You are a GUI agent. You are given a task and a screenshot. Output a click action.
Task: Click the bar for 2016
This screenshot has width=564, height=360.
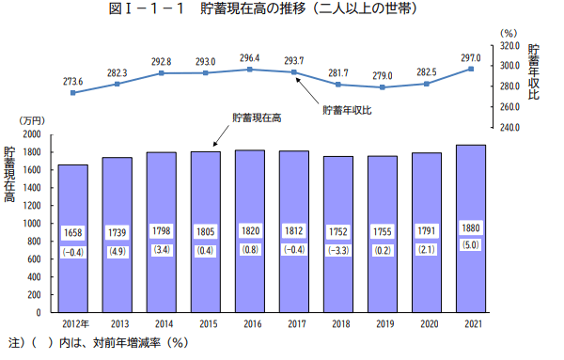point(249,230)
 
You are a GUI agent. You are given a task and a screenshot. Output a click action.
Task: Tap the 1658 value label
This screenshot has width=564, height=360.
point(72,232)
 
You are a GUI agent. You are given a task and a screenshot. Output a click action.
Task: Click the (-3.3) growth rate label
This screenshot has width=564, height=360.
point(338,251)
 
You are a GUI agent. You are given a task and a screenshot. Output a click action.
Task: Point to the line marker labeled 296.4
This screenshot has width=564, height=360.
point(249,70)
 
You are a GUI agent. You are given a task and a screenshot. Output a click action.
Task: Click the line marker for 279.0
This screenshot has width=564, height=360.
point(382,87)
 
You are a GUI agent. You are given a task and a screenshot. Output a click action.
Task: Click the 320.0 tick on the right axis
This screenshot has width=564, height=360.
point(510,45)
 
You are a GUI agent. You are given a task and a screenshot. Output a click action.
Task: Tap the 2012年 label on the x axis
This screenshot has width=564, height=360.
point(73,323)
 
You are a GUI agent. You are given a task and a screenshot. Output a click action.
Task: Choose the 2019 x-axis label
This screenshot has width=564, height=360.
point(383,323)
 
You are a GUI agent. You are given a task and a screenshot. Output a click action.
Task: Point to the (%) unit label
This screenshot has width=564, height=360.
point(509,33)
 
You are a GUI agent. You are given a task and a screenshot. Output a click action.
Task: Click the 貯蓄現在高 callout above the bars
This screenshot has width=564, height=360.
point(258,118)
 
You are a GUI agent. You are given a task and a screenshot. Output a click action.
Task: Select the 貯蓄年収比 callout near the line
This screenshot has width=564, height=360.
point(347,110)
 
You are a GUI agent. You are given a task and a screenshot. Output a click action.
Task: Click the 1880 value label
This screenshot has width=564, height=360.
point(471,228)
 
